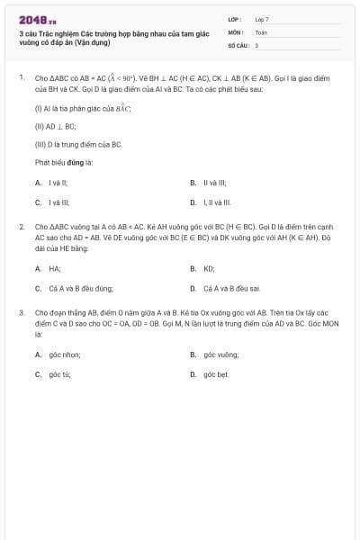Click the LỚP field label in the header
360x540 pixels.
point(235,18)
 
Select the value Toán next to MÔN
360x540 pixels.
point(261,31)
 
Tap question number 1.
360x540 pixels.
point(21,77)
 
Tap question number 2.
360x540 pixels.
point(21,227)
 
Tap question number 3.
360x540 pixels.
point(21,312)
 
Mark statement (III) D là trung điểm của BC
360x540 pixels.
point(78,144)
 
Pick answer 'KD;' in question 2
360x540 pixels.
point(209,268)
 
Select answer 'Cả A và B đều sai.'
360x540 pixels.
point(232,289)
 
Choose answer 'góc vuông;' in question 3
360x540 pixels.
point(221,355)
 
